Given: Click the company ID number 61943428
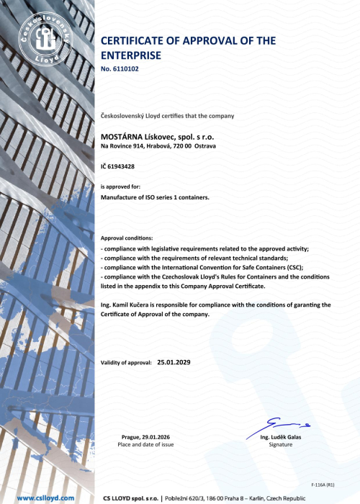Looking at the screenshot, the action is [x=121, y=166].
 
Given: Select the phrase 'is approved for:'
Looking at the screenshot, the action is [x=120, y=186].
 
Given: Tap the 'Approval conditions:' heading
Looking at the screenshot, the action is [x=127, y=238].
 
